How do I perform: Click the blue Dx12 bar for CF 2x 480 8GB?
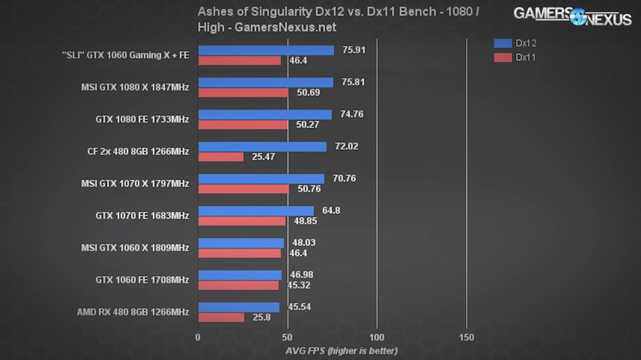pyautogui.click(x=262, y=147)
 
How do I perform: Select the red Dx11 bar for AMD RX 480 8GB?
pyautogui.click(x=221, y=317)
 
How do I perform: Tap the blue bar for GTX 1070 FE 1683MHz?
pyautogui.click(x=256, y=211)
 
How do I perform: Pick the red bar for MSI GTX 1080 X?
pyautogui.click(x=243, y=93)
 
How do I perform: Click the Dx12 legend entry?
pyautogui.click(x=515, y=43)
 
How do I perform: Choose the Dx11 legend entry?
pyautogui.click(x=515, y=58)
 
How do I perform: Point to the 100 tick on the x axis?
pyautogui.click(x=377, y=337)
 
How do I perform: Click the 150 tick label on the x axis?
pyautogui.click(x=467, y=337)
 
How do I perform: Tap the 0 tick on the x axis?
pyautogui.click(x=198, y=337)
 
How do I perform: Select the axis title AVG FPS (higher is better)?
pyautogui.click(x=341, y=351)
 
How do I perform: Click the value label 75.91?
pyautogui.click(x=354, y=50)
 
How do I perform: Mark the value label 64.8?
pyautogui.click(x=331, y=211)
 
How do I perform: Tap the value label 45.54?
pyautogui.click(x=299, y=307)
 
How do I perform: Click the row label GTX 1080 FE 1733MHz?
pyautogui.click(x=142, y=119)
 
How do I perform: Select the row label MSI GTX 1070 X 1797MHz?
pyautogui.click(x=135, y=184)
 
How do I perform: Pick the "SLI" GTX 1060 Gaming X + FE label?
pyautogui.click(x=125, y=55)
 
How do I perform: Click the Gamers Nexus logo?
pyautogui.click(x=573, y=16)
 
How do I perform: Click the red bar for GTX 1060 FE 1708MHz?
pyautogui.click(x=238, y=285)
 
